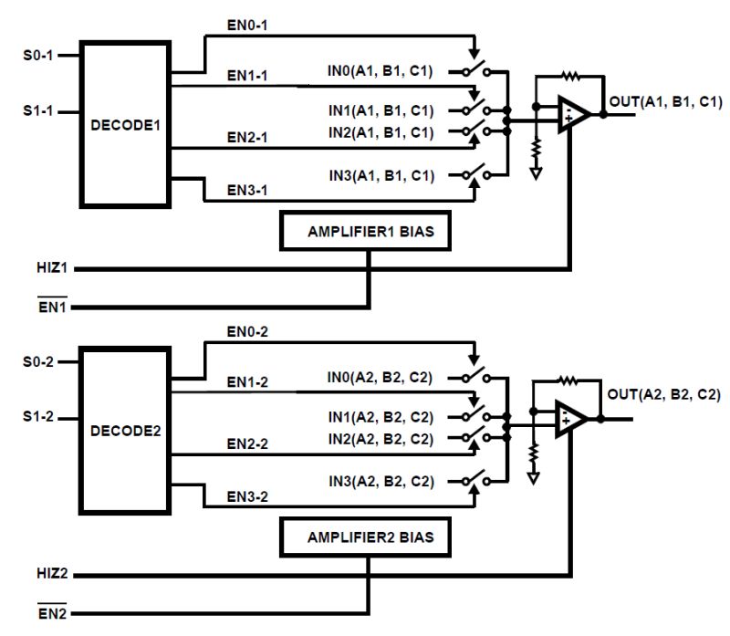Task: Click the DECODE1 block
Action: click(x=126, y=124)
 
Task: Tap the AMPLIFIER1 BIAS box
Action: click(x=370, y=233)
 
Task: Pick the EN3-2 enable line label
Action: click(x=246, y=498)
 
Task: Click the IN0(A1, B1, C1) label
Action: click(x=381, y=69)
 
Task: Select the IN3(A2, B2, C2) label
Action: click(x=381, y=480)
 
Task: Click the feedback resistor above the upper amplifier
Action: click(x=571, y=78)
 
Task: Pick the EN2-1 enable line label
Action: click(x=246, y=138)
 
